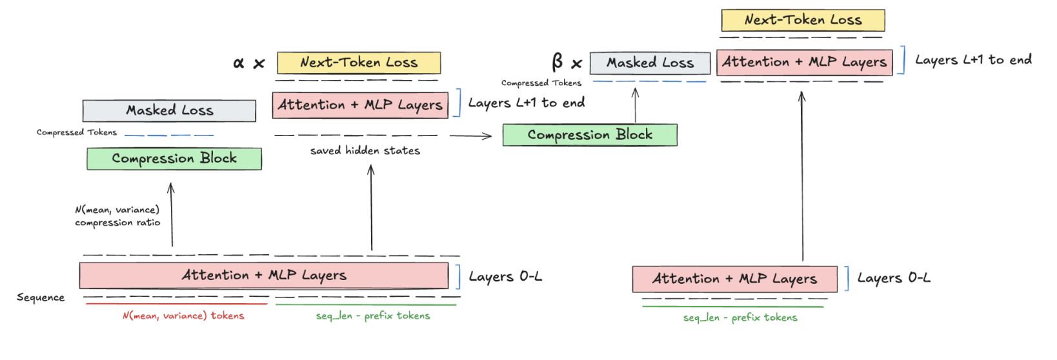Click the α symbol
[239, 63]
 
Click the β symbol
[558, 62]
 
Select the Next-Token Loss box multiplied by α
[359, 63]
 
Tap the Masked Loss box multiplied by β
[650, 63]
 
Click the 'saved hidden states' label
[365, 151]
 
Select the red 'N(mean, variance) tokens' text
[183, 315]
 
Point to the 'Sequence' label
[41, 297]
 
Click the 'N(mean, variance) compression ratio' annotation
[117, 216]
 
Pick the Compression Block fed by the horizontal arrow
[590, 135]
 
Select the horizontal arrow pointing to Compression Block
[470, 136]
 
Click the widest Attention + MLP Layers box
[264, 275]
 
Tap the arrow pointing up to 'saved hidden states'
[371, 207]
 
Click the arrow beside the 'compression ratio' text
[171, 214]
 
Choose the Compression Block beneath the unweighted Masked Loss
[174, 159]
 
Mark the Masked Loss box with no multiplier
[169, 110]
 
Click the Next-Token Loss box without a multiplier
[803, 20]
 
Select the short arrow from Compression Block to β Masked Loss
[635, 105]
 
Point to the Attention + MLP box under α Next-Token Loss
[360, 105]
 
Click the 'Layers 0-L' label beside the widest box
[505, 277]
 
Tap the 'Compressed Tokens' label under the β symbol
[541, 83]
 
